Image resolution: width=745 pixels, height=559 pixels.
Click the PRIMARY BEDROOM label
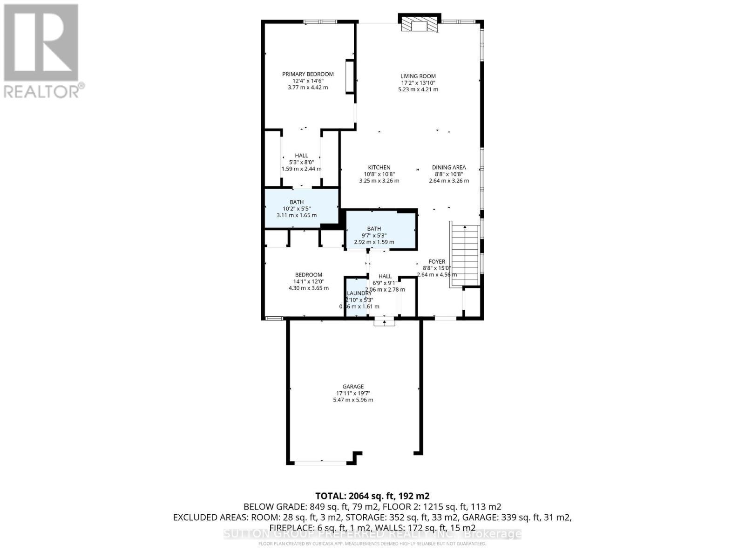click(x=308, y=74)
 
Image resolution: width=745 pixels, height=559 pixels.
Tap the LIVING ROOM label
click(x=418, y=76)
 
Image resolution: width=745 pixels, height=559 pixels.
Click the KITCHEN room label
click(x=379, y=168)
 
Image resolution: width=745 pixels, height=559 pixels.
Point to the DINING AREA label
click(x=448, y=168)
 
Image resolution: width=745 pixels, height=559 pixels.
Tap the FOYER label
click(x=437, y=262)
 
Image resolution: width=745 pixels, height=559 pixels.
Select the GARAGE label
click(x=353, y=387)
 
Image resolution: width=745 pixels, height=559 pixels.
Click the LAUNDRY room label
click(x=359, y=293)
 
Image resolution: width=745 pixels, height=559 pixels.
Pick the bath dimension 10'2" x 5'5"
click(x=297, y=209)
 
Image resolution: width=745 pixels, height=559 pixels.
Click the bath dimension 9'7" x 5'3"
click(x=374, y=235)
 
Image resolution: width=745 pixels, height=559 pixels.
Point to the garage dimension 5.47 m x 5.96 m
click(x=353, y=400)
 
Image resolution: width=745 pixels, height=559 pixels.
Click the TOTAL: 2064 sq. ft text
click(x=372, y=496)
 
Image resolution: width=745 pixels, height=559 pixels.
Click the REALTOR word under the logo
click(x=42, y=91)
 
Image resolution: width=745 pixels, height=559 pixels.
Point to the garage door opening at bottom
click(x=320, y=463)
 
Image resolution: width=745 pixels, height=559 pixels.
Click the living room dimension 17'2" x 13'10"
click(x=418, y=83)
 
